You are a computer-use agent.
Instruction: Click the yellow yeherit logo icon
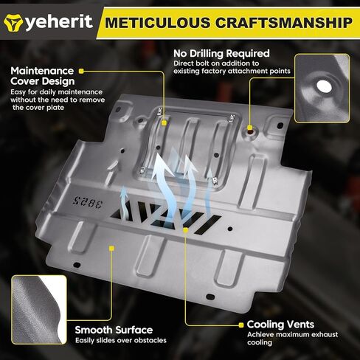click(x=13, y=22)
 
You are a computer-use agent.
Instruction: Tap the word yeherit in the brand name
click(x=59, y=22)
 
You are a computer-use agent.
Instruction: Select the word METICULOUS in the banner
click(x=158, y=23)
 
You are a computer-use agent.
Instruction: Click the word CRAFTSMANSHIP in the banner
click(x=284, y=23)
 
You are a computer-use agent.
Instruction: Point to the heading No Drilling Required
click(x=221, y=53)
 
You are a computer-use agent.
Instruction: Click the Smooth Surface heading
click(x=114, y=330)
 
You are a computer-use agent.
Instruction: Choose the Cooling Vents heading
click(x=280, y=325)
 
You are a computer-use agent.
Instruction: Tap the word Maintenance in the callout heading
click(x=42, y=71)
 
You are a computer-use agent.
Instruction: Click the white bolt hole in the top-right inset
click(x=324, y=86)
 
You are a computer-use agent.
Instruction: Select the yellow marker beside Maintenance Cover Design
click(x=81, y=72)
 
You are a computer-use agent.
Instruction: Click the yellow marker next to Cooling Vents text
click(x=241, y=325)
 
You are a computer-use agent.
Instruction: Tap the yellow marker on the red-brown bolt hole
click(x=249, y=128)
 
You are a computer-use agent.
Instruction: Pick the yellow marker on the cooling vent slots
click(x=186, y=230)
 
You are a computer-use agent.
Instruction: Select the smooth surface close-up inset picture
click(x=39, y=310)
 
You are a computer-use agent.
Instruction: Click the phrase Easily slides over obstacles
click(x=121, y=341)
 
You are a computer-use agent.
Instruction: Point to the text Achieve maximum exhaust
click(x=293, y=335)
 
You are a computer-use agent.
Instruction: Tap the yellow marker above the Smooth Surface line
click(x=111, y=249)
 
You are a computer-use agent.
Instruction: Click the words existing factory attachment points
click(x=232, y=71)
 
